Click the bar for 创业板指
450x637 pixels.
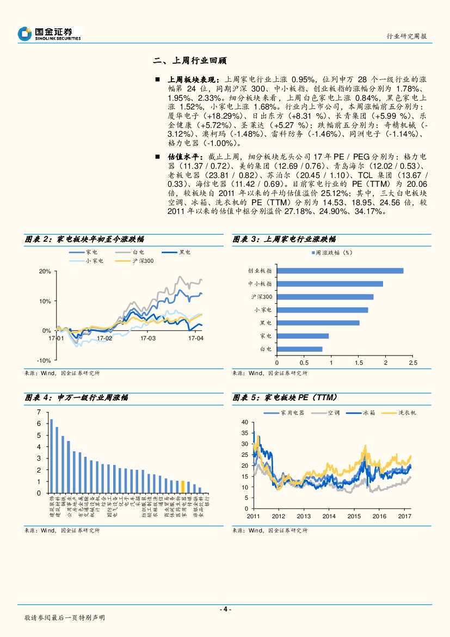340,271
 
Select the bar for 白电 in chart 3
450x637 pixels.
299,349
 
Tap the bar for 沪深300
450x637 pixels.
325,297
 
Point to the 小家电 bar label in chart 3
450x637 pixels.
263,310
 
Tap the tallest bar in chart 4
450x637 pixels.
51,456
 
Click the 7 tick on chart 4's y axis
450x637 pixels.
39,411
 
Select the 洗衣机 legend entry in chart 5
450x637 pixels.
407,413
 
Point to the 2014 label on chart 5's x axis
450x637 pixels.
329,516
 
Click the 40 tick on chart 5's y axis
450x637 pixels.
244,422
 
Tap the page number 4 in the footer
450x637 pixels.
225,609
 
